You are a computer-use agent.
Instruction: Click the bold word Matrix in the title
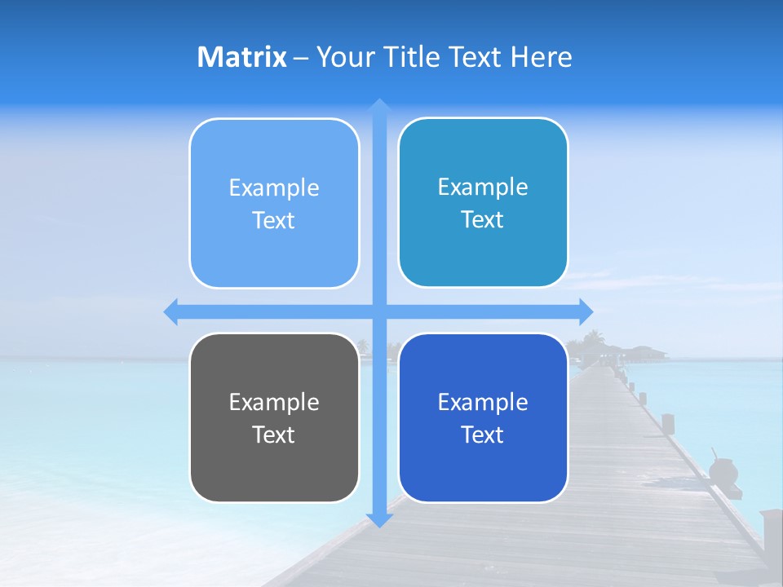241,57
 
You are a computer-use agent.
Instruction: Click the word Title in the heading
413,57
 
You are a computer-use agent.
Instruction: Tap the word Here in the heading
542,57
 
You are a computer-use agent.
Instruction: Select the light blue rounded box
274,203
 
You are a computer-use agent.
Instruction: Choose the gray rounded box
274,417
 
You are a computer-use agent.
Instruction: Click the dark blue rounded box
483,417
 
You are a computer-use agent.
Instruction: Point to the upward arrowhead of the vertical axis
379,104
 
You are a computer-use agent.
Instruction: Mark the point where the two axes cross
379,311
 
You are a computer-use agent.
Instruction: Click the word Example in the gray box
274,402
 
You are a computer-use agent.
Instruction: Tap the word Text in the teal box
483,219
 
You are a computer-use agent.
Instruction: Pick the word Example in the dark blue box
483,402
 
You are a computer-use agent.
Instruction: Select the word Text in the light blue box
274,220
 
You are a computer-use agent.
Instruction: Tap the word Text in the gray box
274,435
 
